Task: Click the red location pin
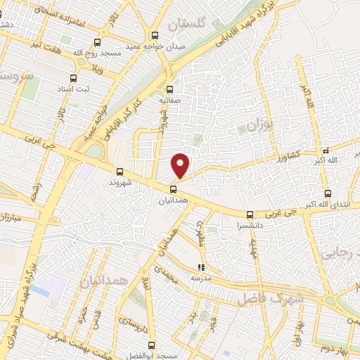(x=181, y=165)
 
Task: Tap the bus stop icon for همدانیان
(x=173, y=188)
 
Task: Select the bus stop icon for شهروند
(x=120, y=172)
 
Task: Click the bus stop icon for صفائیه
(x=169, y=89)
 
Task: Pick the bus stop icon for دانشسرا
(x=250, y=214)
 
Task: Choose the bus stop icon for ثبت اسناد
(x=74, y=79)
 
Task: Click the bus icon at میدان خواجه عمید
(x=155, y=36)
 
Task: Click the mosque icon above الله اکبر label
(x=325, y=150)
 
